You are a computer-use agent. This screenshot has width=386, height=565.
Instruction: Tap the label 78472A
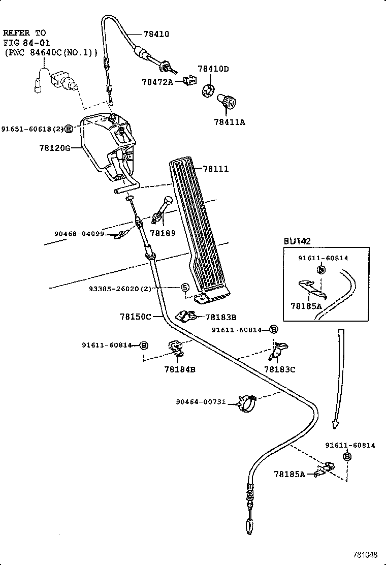[x=157, y=81]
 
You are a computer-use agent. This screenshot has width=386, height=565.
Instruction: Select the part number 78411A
[x=229, y=122]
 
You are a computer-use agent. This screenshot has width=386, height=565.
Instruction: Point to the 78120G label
[x=54, y=148]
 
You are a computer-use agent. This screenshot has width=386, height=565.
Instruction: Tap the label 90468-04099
[x=79, y=234]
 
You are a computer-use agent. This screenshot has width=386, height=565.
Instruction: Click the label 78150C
[x=136, y=316]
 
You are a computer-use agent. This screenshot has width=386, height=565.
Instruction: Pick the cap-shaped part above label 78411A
[x=226, y=100]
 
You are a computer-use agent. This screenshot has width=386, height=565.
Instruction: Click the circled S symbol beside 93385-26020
[x=186, y=288]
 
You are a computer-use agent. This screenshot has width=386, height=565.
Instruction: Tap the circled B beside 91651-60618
[x=69, y=130]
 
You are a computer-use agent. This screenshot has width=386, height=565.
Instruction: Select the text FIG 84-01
[x=25, y=42]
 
